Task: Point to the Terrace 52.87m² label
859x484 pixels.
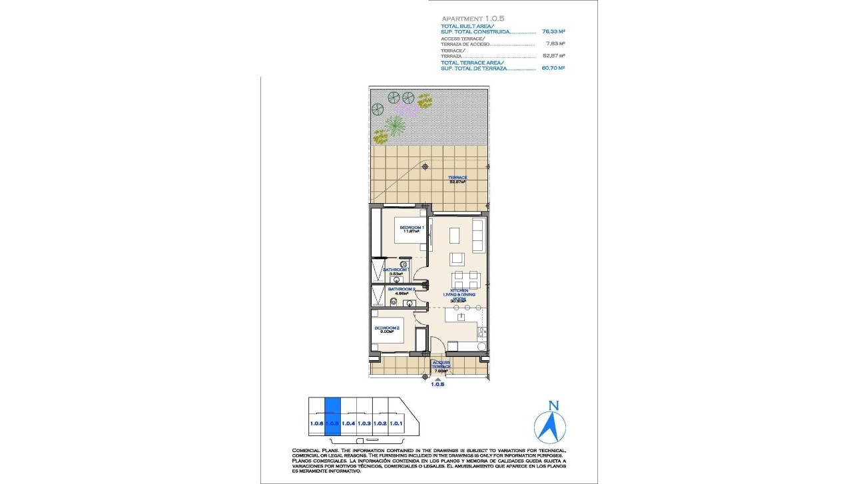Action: point(457,179)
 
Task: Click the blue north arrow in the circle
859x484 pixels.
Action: point(550,427)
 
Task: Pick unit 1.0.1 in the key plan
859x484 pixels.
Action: point(396,423)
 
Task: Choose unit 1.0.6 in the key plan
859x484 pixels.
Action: point(316,423)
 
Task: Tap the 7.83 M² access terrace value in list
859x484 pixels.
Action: point(555,44)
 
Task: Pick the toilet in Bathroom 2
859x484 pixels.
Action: point(394,302)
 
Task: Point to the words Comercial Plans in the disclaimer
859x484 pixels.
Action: point(314,451)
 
